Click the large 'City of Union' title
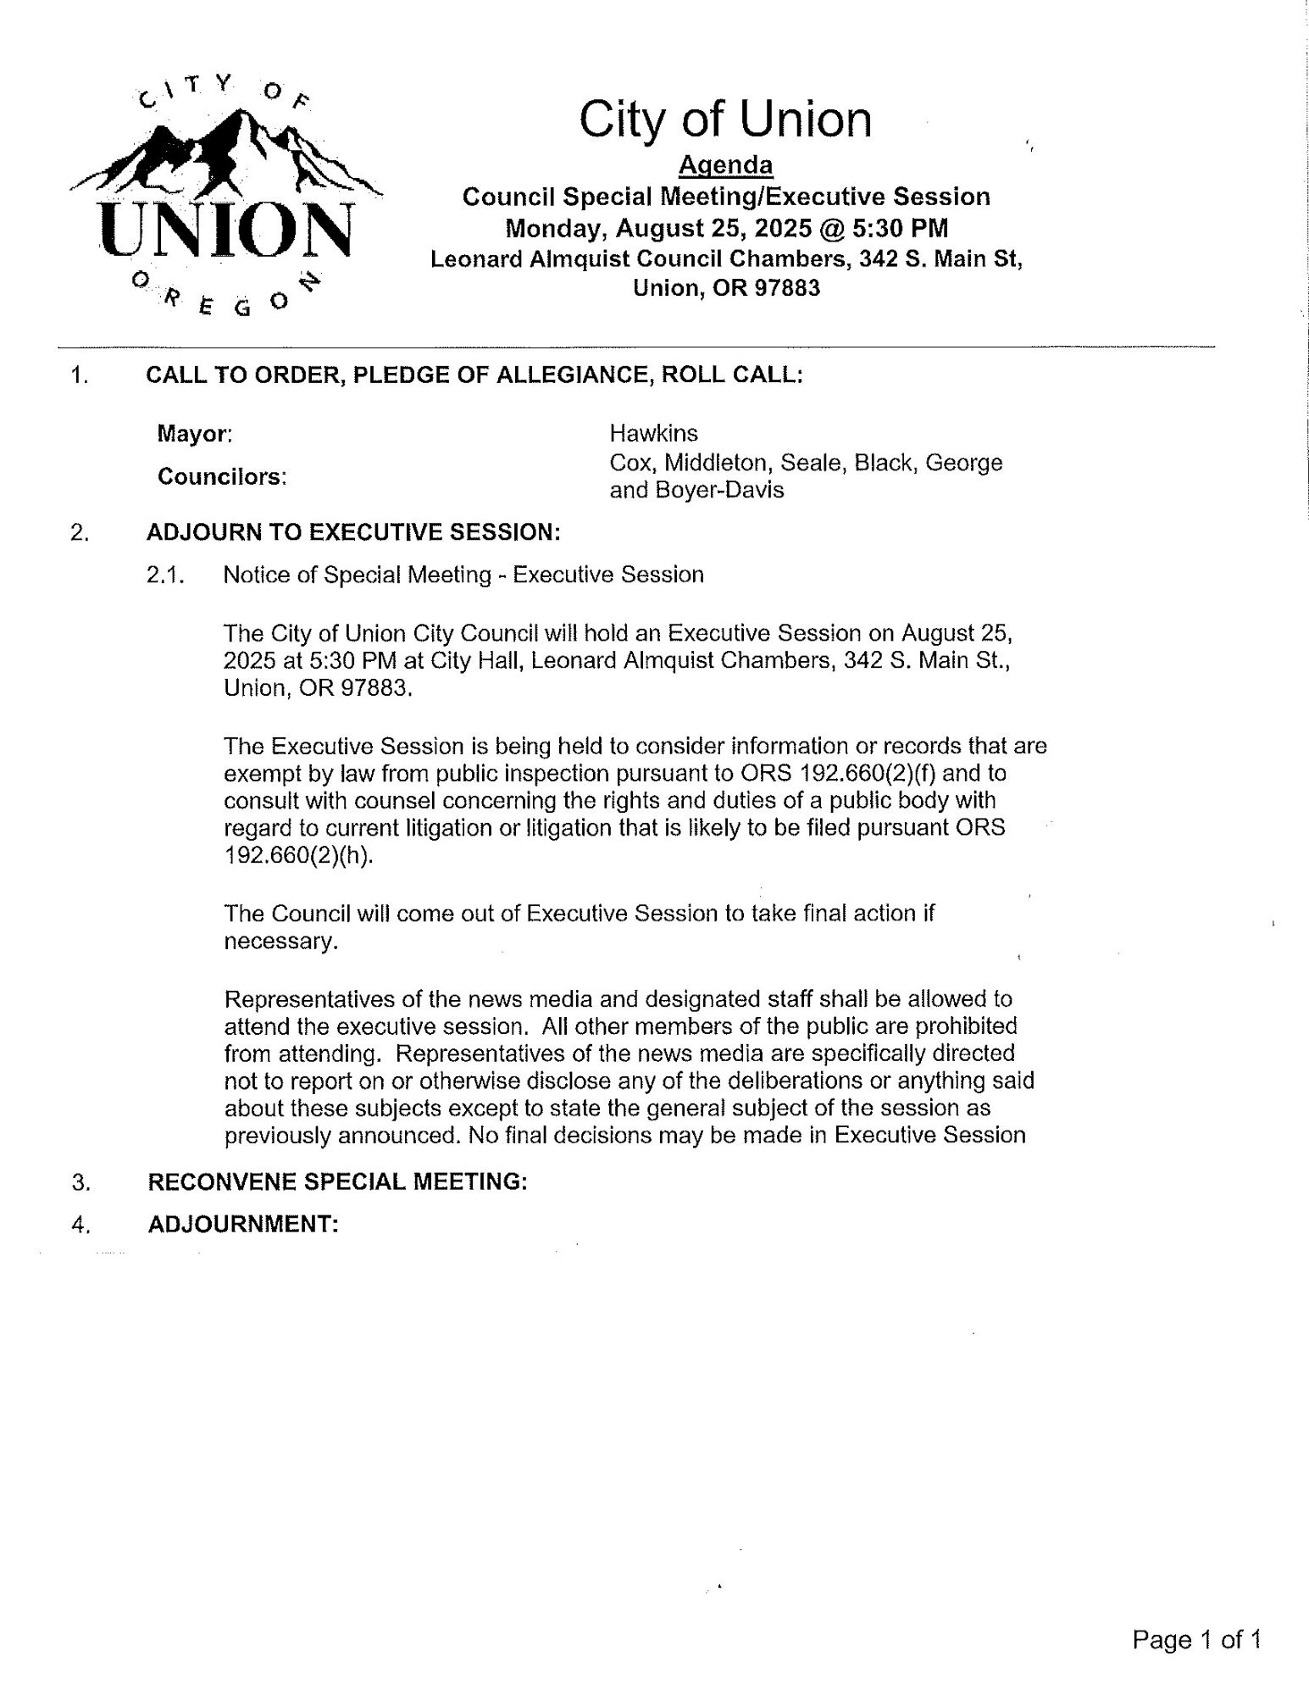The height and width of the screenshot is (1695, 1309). [725, 119]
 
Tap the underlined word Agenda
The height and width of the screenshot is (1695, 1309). [726, 164]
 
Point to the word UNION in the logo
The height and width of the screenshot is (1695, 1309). [225, 230]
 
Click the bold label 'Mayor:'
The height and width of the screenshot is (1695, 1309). [195, 435]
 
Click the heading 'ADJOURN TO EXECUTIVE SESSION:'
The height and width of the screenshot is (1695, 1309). [353, 532]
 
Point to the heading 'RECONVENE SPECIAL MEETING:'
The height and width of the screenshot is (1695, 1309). [337, 1181]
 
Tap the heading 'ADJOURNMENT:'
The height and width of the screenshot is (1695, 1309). [243, 1225]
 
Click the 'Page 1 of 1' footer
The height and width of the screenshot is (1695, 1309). [1197, 1640]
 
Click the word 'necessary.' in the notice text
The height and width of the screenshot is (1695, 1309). [281, 942]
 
